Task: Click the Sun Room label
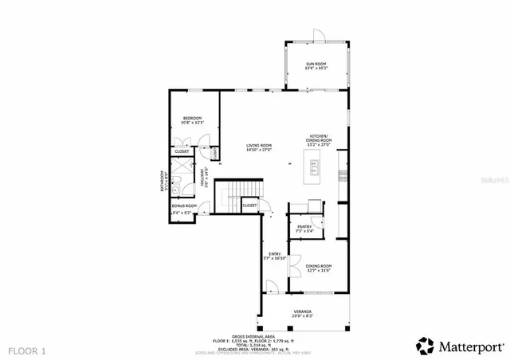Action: [x=316, y=65]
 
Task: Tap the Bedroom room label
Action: [x=193, y=120]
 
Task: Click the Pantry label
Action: [x=304, y=229]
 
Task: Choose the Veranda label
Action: [x=301, y=313]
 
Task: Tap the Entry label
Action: [x=274, y=256]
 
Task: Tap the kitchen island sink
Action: [x=315, y=167]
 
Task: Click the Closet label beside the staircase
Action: [x=249, y=205]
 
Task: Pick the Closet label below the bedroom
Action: [x=182, y=151]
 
